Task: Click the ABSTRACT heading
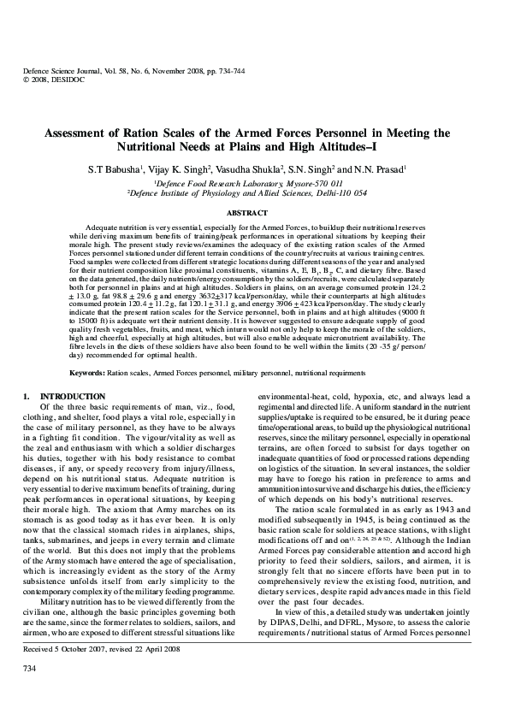254,210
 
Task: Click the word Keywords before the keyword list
86,374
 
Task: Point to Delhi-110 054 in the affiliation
340,193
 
